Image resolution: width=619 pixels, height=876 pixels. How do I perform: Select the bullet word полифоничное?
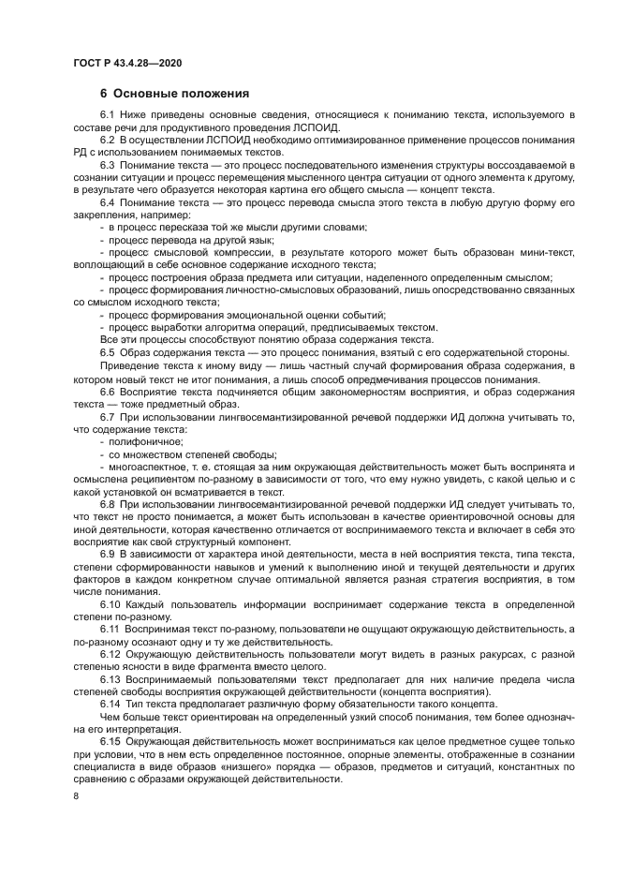point(146,441)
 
